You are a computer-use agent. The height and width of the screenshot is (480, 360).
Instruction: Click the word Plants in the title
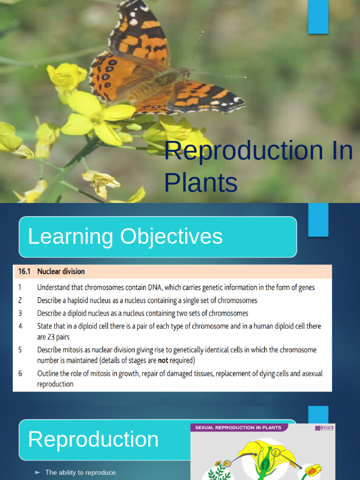tap(201, 182)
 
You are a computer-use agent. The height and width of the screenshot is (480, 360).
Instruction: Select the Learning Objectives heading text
tap(125, 237)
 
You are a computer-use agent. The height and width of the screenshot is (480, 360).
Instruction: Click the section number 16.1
tap(24, 271)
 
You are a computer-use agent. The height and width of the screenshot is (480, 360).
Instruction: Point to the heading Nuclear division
tap(61, 271)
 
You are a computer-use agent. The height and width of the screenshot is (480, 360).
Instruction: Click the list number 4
tap(21, 326)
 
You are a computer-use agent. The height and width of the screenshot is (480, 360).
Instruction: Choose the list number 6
tap(21, 374)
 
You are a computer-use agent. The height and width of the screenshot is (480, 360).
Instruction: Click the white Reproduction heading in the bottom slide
tap(93, 440)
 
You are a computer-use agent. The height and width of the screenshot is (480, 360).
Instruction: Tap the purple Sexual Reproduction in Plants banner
tap(238, 427)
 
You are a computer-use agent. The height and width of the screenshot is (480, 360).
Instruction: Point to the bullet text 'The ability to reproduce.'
tap(81, 472)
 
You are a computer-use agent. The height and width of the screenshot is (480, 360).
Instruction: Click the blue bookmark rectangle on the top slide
tap(318, 16)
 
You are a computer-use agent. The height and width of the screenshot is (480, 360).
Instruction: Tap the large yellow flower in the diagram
tap(265, 455)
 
